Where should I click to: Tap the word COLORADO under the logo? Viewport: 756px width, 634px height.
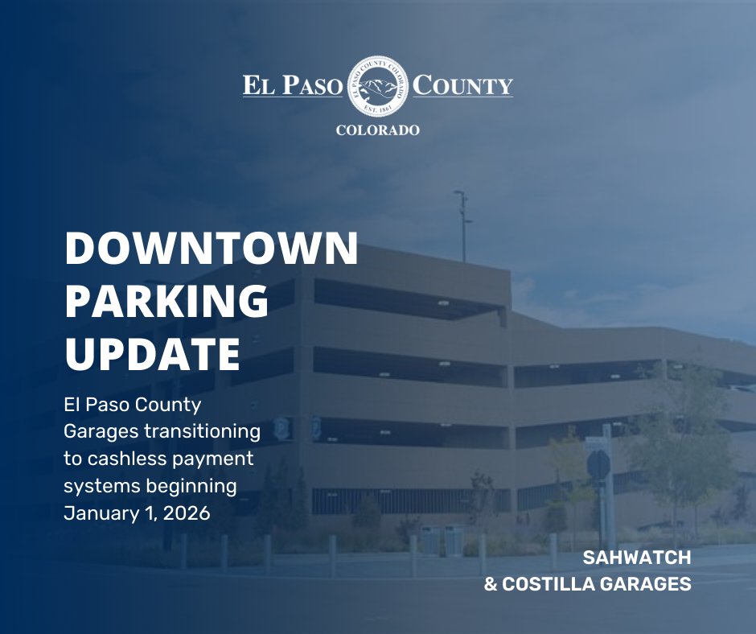coord(378,130)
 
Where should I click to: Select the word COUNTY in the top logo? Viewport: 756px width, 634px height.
coord(463,86)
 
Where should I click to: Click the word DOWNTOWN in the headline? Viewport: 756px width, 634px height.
coord(212,250)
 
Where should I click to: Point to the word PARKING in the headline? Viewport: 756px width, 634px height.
coord(166,303)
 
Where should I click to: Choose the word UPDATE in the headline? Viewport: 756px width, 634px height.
coord(153,355)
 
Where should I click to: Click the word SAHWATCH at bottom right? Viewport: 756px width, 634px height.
coord(636,557)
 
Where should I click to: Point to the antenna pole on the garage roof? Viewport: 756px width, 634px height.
coord(462,225)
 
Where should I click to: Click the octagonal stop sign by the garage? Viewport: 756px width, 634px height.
coord(598,465)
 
